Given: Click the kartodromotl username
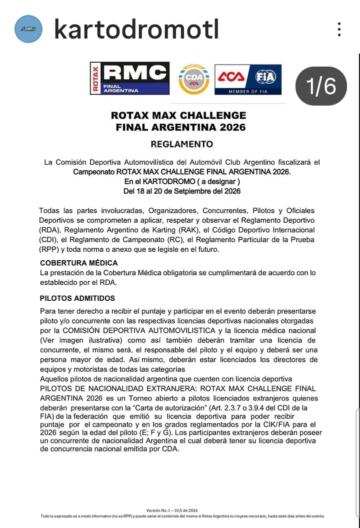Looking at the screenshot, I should tap(136, 30).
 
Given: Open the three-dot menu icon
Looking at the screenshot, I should tap(339, 29).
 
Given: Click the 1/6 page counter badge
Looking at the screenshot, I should tap(321, 86).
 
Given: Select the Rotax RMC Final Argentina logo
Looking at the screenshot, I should tap(129, 78).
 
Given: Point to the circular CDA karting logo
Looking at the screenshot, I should tap(193, 79).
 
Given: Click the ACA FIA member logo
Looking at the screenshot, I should tap(248, 80).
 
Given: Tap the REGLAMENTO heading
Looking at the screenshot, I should tap(181, 144).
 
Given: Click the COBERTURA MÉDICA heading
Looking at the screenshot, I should tap(79, 263).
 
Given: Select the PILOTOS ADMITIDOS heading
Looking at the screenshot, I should tap(77, 298).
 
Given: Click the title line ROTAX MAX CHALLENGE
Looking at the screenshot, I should tap(178, 116).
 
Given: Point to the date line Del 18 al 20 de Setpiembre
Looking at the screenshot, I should tap(182, 191).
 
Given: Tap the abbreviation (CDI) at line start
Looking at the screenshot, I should tap(49, 239).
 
